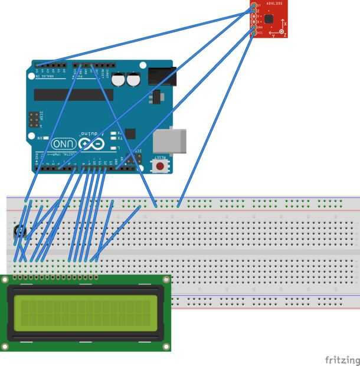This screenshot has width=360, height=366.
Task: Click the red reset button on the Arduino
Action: pyautogui.click(x=159, y=166)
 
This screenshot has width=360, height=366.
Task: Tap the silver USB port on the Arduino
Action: pyautogui.click(x=169, y=141)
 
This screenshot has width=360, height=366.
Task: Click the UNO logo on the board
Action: pyautogui.click(x=64, y=143)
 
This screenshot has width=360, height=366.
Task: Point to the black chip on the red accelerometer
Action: pyautogui.click(x=269, y=19)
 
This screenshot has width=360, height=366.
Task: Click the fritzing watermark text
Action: pyautogui.click(x=342, y=360)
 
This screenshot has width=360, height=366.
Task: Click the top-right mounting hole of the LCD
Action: pyautogui.click(x=166, y=279)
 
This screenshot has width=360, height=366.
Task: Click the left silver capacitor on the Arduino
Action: pyautogui.click(x=119, y=79)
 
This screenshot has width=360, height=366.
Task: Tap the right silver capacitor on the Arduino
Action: pyautogui.click(x=133, y=79)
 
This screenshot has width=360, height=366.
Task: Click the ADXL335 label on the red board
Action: pyautogui.click(x=274, y=3)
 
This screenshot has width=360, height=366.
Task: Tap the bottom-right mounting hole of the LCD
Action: pyautogui.click(x=166, y=346)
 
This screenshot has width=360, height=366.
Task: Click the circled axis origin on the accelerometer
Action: pyautogui.click(x=282, y=31)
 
